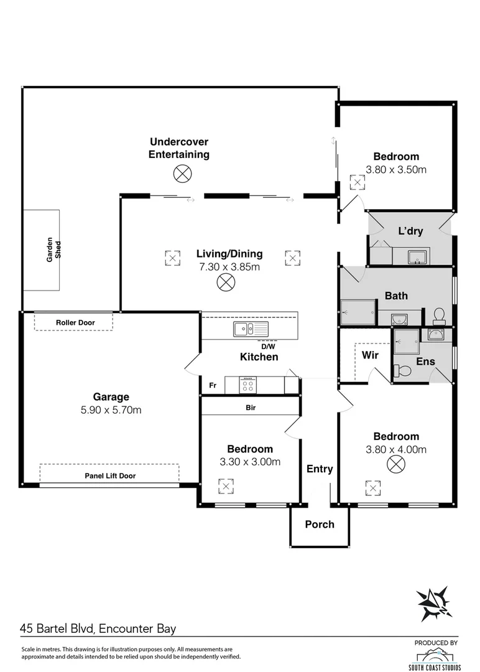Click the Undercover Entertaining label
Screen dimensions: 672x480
(x=178, y=148)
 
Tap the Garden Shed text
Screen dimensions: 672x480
(x=54, y=250)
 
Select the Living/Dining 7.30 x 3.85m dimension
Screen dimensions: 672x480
(x=229, y=267)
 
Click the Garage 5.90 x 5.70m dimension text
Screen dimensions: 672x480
(x=111, y=409)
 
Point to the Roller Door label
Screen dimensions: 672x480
(x=74, y=322)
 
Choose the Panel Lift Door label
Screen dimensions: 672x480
(x=110, y=476)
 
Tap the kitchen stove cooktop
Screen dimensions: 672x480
(x=248, y=385)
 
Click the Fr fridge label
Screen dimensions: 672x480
(x=212, y=386)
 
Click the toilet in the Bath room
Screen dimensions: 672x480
(x=438, y=315)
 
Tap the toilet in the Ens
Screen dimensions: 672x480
(x=404, y=371)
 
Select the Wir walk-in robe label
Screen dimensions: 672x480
(x=370, y=355)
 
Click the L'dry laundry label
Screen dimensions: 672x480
(x=410, y=231)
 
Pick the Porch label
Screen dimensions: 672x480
(x=320, y=524)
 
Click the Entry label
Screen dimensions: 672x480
(x=320, y=469)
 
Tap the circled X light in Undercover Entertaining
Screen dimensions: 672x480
(x=182, y=174)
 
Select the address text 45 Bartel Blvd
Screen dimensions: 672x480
(x=58, y=629)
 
